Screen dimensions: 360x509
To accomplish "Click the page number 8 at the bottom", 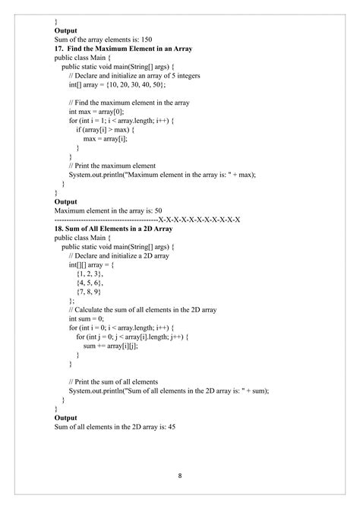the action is (x=180, y=476).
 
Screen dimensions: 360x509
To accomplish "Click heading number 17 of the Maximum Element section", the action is (x=60, y=49).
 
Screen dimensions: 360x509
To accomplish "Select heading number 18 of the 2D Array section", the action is (x=60, y=228).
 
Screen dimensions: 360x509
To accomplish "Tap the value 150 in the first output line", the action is (x=147, y=40).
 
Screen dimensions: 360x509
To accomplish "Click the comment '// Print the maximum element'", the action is (x=112, y=165).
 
